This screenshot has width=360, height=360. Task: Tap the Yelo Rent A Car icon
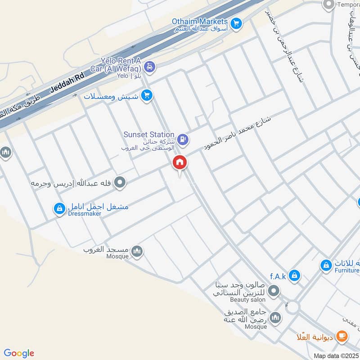click(x=150, y=67)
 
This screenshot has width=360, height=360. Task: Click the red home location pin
click(x=180, y=163)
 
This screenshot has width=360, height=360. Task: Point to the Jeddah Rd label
click(x=67, y=82)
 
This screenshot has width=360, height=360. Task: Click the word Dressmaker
click(x=85, y=214)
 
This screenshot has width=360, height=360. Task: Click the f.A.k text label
click(x=278, y=276)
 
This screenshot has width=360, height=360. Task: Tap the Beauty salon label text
click(x=247, y=299)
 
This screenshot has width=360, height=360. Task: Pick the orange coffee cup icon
click(x=342, y=336)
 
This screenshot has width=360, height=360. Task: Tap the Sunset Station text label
click(x=148, y=135)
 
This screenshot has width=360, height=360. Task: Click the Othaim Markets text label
click(x=200, y=21)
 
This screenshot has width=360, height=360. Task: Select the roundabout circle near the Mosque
click(x=293, y=308)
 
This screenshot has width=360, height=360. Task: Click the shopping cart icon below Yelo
click(x=146, y=95)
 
